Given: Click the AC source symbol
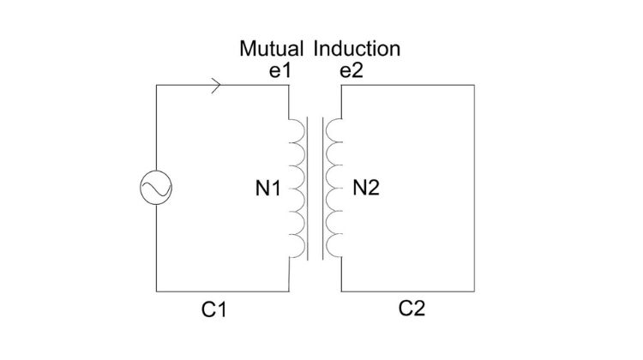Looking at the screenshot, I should point(156,188).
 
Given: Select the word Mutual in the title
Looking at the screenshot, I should point(271,48).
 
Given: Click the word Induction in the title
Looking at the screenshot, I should point(357,48).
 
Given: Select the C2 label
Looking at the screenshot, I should point(412,308).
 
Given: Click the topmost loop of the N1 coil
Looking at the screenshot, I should point(297,129).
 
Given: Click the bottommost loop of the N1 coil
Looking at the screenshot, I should point(297,247).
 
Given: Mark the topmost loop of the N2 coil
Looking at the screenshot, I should point(335,129).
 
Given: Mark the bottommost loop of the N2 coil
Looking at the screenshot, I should point(335,247).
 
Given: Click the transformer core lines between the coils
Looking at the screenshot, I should point(316,188).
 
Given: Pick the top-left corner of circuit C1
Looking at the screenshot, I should point(156,86).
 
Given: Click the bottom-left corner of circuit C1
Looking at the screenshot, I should point(156,291).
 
